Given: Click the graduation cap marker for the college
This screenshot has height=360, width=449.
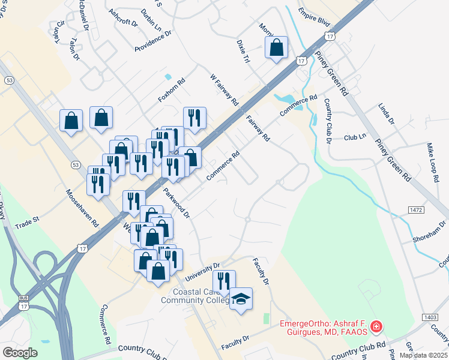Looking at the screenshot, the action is pyautogui.click(x=241, y=299).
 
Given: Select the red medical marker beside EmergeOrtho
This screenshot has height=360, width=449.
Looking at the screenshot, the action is pyautogui.click(x=376, y=327).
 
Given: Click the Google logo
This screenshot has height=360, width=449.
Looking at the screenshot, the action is pyautogui.click(x=20, y=353).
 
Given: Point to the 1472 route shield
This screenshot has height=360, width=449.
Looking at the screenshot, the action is pyautogui.click(x=418, y=209).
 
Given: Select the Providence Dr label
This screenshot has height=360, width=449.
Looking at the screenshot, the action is pyautogui.click(x=153, y=41).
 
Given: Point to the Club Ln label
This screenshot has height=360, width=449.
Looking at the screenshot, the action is pyautogui.click(x=355, y=137).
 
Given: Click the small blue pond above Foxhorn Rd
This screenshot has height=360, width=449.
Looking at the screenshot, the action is pyautogui.click(x=167, y=77).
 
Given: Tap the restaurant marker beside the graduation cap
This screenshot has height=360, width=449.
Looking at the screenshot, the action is pyautogui.click(x=224, y=282).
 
